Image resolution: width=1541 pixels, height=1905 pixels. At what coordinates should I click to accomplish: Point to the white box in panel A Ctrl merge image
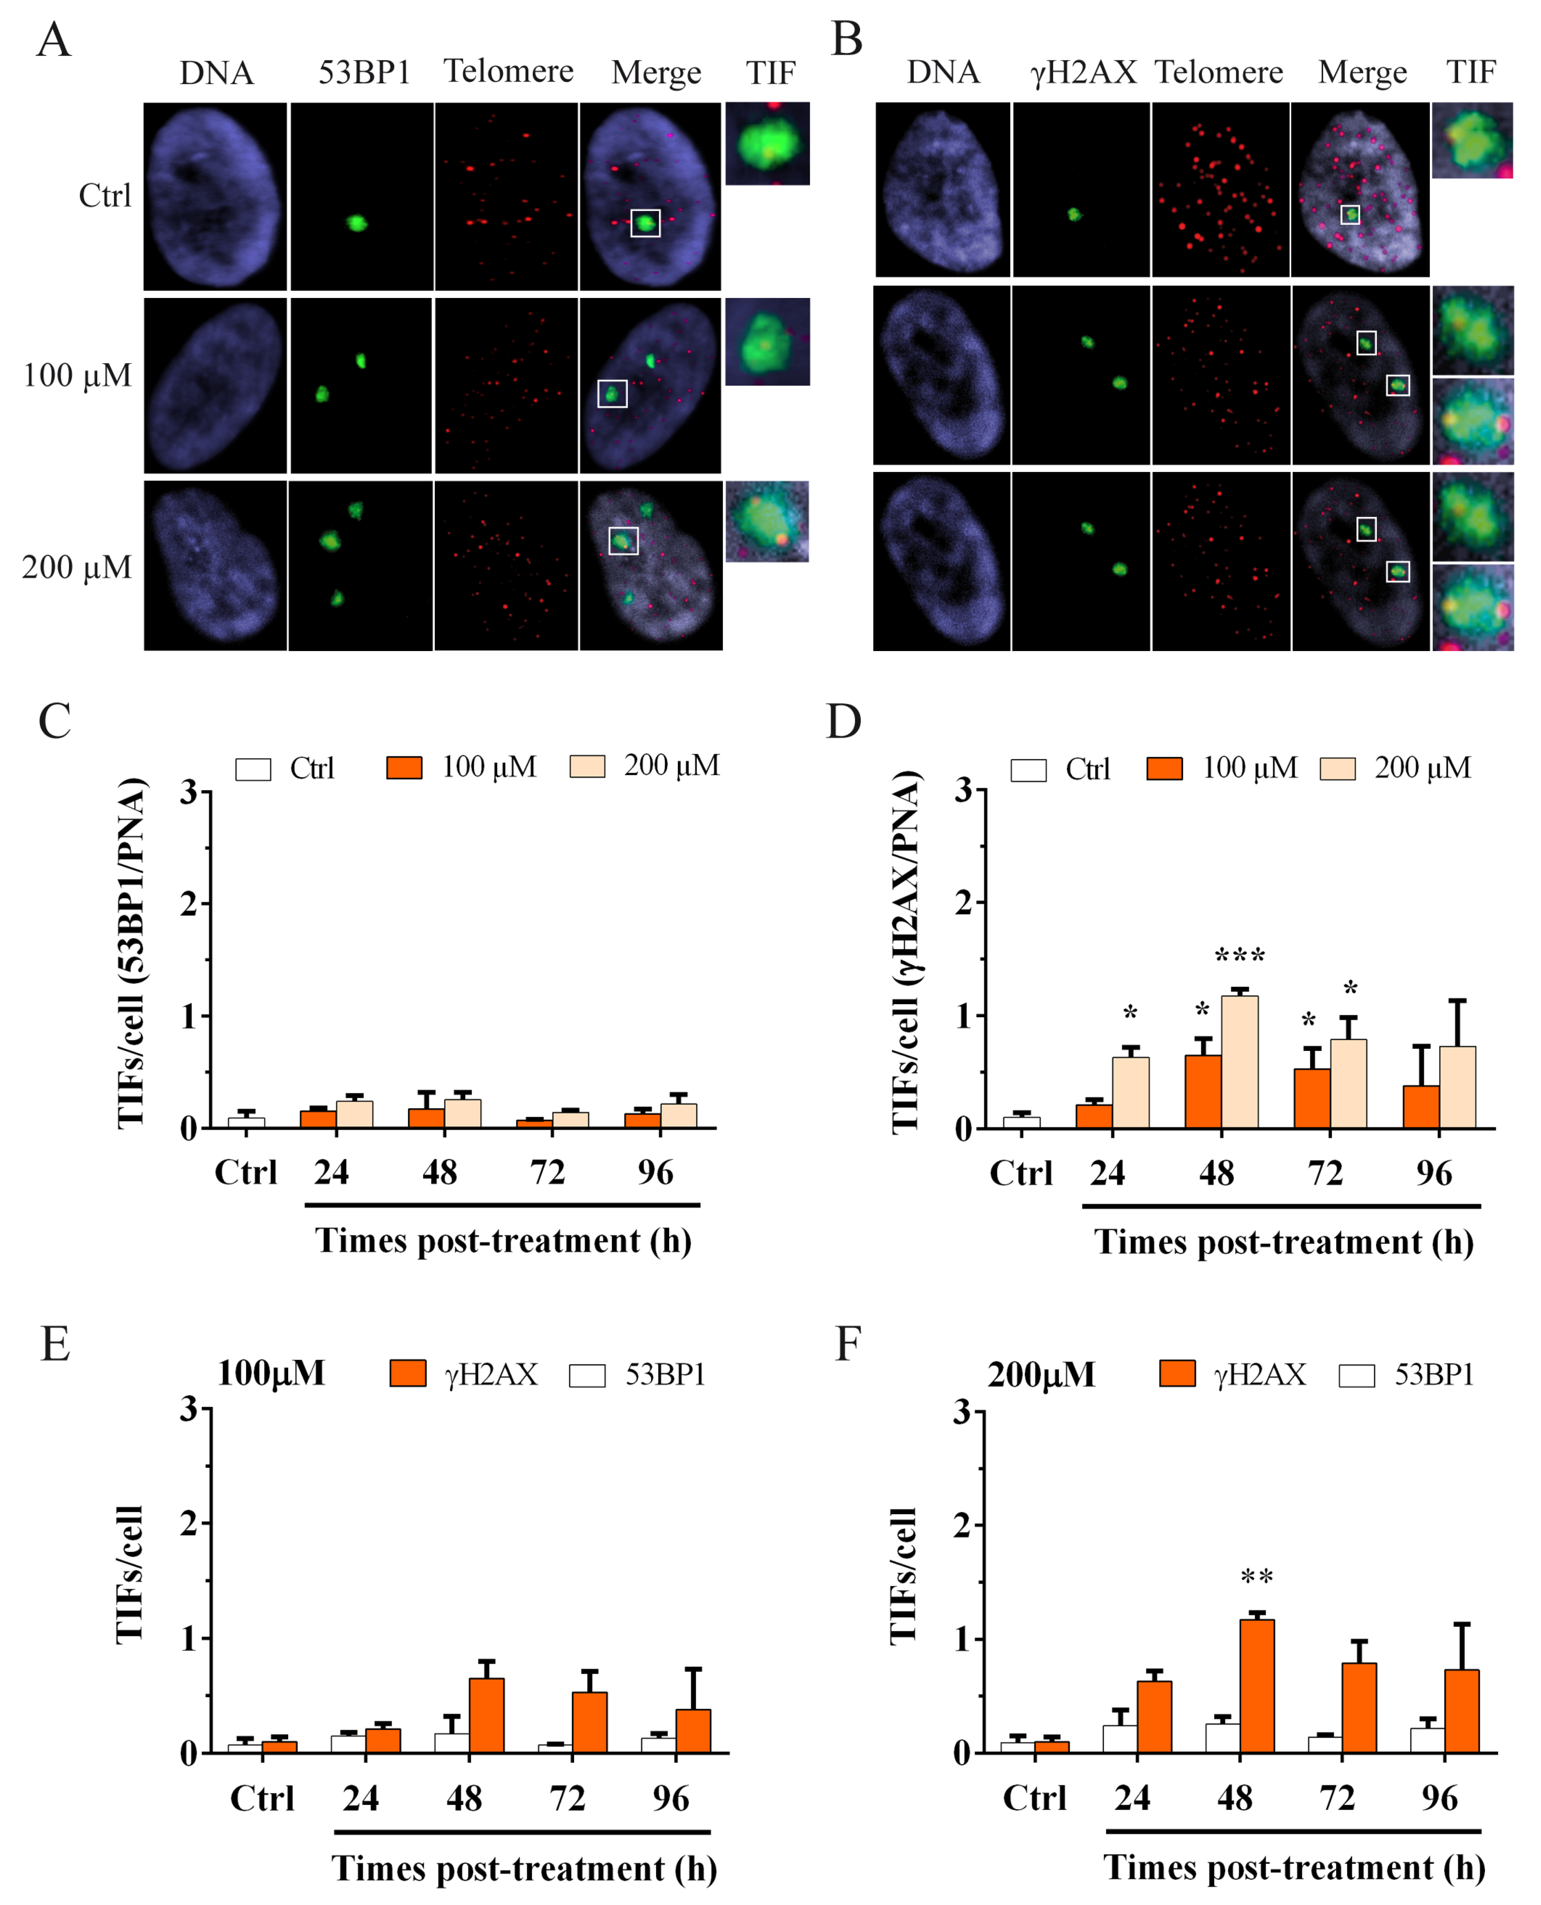pyautogui.click(x=645, y=223)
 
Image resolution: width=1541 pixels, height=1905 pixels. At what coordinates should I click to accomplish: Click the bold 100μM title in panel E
pyautogui.click(x=271, y=1374)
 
